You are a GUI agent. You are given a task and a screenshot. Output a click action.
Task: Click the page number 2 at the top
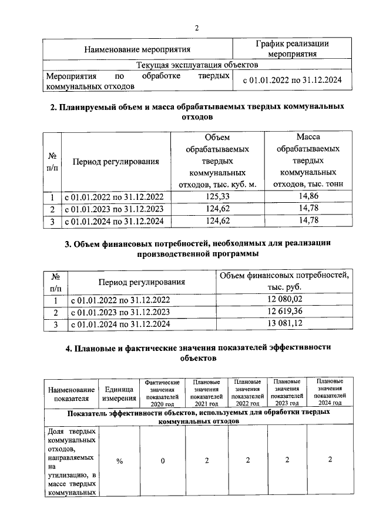(x=197, y=28)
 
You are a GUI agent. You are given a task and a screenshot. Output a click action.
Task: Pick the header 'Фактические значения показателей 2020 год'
(x=162, y=393)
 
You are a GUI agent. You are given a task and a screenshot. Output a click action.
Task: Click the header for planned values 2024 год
(x=330, y=393)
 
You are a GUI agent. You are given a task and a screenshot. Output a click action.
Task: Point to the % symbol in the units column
(x=119, y=461)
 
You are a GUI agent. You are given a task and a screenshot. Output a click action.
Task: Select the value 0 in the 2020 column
(x=163, y=461)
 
